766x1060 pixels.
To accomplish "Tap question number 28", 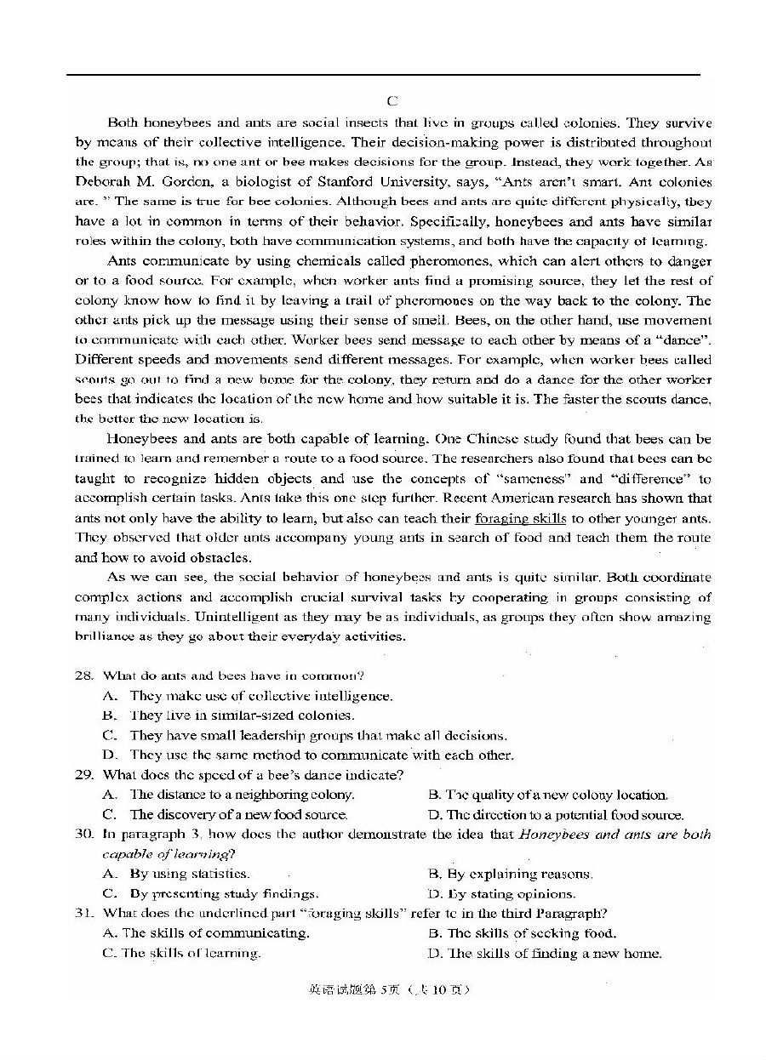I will coord(83,675).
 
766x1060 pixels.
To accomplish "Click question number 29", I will coord(83,775).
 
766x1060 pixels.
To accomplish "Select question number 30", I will coord(83,835).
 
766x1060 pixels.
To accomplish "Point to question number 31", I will coord(83,914).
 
